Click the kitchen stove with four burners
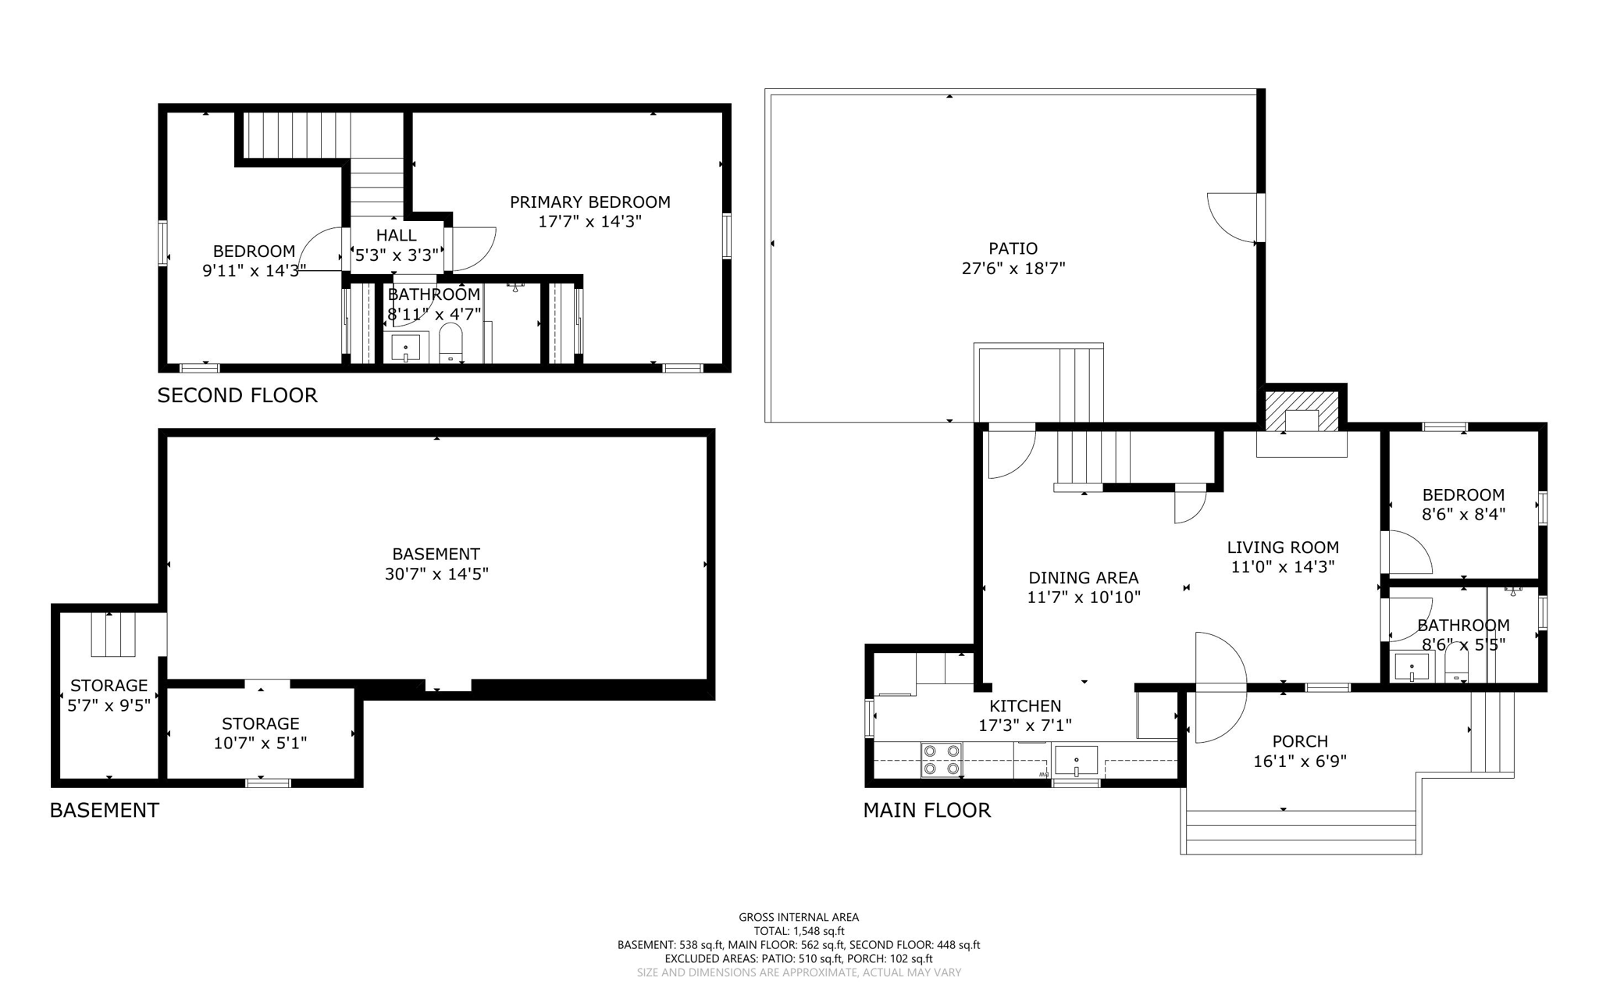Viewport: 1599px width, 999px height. pyautogui.click(x=942, y=759)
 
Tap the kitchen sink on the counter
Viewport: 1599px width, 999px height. pyautogui.click(x=1076, y=760)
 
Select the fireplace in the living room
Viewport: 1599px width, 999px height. pyautogui.click(x=1302, y=412)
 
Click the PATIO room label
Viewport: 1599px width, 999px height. pyautogui.click(x=1013, y=248)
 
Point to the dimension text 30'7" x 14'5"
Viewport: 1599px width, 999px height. pyautogui.click(x=436, y=574)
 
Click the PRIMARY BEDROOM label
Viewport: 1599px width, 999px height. pyautogui.click(x=589, y=202)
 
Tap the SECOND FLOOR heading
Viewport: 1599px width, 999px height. pyautogui.click(x=237, y=395)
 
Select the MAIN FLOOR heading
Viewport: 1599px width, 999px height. pyautogui.click(x=926, y=810)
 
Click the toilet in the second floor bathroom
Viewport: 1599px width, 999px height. pyautogui.click(x=450, y=344)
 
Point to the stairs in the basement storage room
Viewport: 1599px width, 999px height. pyautogui.click(x=113, y=634)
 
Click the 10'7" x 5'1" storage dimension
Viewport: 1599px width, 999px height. pyautogui.click(x=260, y=743)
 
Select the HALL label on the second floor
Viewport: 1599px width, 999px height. pyautogui.click(x=396, y=235)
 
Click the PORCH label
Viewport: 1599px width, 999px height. pyautogui.click(x=1299, y=741)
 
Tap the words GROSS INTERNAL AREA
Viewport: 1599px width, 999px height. pyautogui.click(x=798, y=917)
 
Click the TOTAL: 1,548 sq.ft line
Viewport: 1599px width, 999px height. pyautogui.click(x=798, y=931)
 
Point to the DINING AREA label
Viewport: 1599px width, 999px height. pyautogui.click(x=1083, y=578)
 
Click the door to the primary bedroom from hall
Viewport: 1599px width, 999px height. pyautogui.click(x=472, y=248)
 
